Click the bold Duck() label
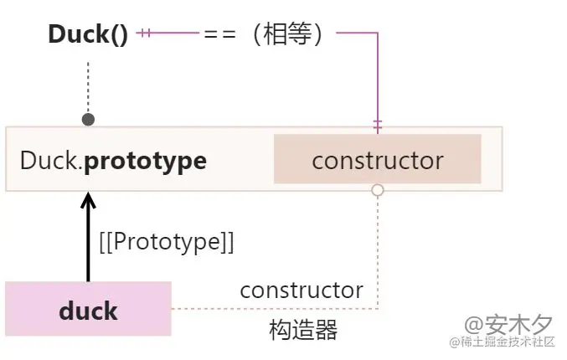[x=87, y=34]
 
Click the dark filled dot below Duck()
[x=88, y=120]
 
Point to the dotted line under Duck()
[x=88, y=84]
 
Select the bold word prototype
[x=146, y=160]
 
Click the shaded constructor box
[x=377, y=159]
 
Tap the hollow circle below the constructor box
[x=378, y=190]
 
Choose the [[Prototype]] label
[x=166, y=242]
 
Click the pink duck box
[x=88, y=309]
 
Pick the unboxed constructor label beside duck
[x=302, y=291]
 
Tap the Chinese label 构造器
[x=303, y=330]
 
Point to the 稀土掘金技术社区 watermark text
[x=507, y=342]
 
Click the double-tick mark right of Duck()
[x=144, y=33]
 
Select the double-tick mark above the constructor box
[x=378, y=124]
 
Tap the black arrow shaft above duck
[x=88, y=247]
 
